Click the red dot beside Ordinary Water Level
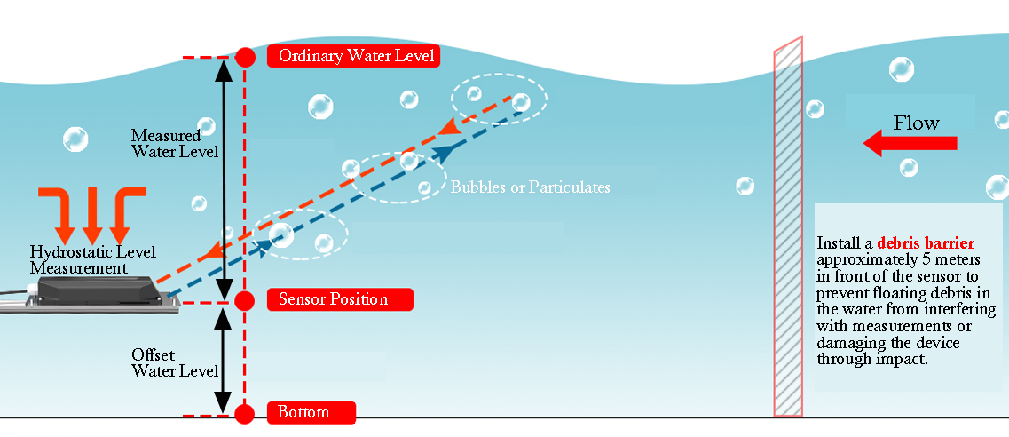246,58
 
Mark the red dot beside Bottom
246,414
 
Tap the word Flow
916,123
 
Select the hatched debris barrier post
788,226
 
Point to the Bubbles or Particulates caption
531,187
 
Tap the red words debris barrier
926,242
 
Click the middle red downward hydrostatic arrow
91,213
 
